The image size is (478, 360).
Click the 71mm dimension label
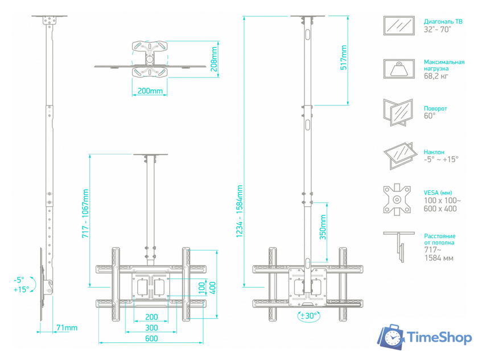coord(67,328)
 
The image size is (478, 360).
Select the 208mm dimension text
coord(215,59)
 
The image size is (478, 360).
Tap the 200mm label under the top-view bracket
coord(150,91)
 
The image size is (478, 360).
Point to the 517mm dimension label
coord(344,58)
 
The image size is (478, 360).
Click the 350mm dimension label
coord(323,227)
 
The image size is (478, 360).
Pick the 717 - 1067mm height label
coord(85,214)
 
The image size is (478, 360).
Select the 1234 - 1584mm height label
coord(240,211)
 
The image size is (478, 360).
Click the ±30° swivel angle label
coord(309,316)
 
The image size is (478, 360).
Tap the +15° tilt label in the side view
coord(22,289)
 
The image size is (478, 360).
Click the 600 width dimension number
coord(151,338)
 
